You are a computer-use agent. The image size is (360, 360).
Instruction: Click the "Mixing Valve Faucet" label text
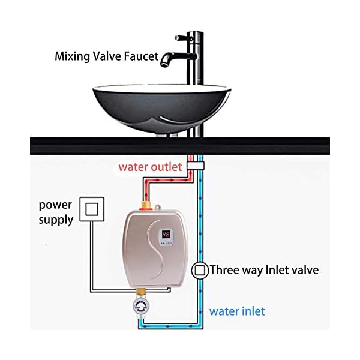(107, 57)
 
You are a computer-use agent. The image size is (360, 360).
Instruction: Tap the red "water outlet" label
(149, 167)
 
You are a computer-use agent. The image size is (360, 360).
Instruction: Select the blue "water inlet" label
(237, 311)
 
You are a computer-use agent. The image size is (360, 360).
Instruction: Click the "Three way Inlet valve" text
(264, 270)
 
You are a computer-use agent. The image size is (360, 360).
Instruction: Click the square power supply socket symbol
(92, 209)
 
